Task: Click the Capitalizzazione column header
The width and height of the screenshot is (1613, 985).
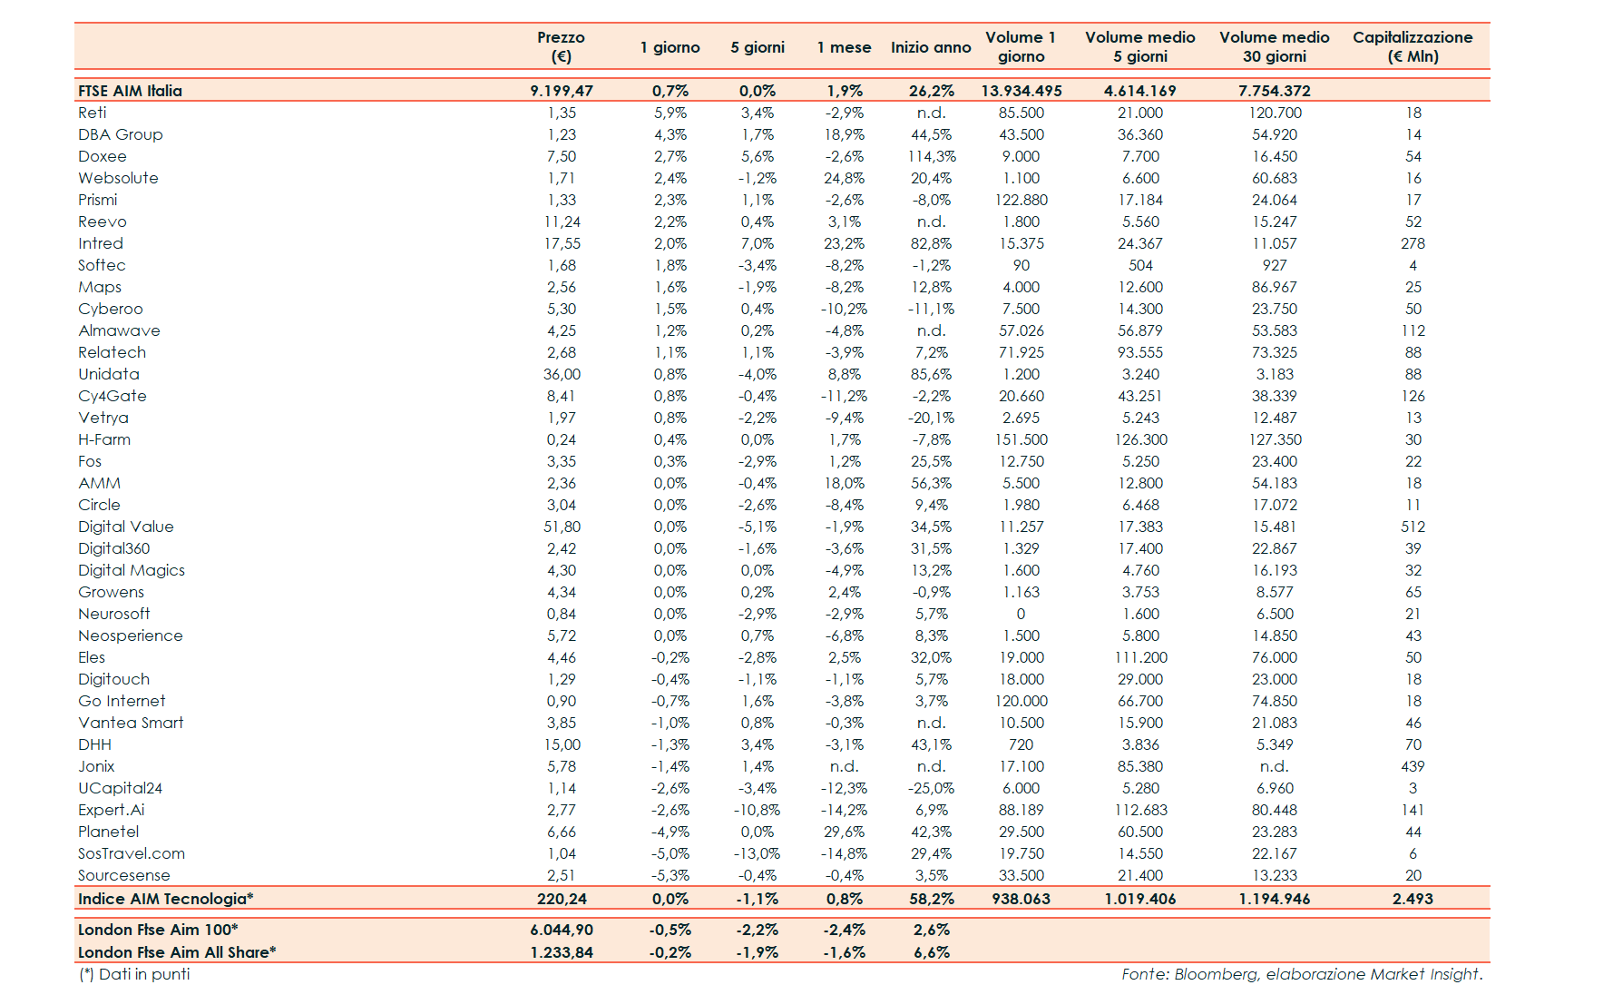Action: [x=1413, y=46]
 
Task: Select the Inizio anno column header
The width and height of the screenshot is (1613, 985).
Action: [x=931, y=47]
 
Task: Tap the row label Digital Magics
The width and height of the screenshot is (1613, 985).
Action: [x=132, y=570]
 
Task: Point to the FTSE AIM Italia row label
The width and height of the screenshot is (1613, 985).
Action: [x=130, y=91]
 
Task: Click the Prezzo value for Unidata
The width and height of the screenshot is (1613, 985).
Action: [x=562, y=374]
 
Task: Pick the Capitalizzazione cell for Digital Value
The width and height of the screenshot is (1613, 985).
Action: [x=1413, y=527]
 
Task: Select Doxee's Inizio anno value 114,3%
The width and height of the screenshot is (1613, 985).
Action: [x=932, y=156]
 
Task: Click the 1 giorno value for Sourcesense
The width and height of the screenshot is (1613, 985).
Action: [x=670, y=875]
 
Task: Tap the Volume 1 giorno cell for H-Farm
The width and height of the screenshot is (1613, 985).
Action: [x=1022, y=439]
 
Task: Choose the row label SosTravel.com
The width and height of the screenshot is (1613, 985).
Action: [x=132, y=853]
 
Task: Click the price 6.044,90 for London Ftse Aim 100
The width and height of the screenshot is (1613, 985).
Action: [x=562, y=930]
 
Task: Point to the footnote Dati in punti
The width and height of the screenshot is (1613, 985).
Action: [x=135, y=974]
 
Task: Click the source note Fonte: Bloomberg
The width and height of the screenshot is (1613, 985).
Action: [x=1301, y=974]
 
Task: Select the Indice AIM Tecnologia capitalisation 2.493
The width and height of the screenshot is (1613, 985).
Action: [x=1413, y=899]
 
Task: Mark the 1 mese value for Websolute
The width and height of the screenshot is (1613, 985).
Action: [x=845, y=178]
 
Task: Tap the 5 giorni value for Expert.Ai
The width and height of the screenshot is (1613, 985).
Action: [x=758, y=810]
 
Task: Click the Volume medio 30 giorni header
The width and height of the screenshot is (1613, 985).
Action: [x=1274, y=46]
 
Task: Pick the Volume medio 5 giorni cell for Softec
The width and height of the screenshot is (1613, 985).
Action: [x=1140, y=265]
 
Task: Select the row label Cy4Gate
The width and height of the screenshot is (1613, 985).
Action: [x=112, y=396]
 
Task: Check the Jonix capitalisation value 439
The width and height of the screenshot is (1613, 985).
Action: [x=1413, y=766]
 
